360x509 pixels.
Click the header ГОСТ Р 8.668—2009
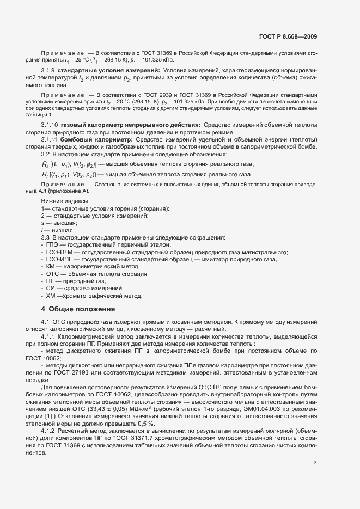click(x=288, y=37)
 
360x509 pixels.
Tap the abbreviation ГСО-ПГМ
click(x=60, y=253)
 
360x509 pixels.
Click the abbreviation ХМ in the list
click(x=52, y=296)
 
